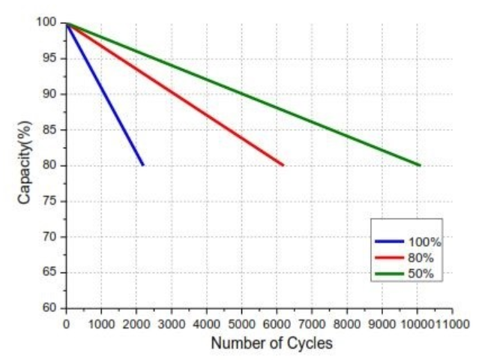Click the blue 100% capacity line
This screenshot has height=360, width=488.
tap(105, 94)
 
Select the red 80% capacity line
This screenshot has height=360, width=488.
tap(175, 94)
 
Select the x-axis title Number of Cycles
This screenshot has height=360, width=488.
tap(271, 343)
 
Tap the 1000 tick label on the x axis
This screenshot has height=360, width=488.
tap(101, 323)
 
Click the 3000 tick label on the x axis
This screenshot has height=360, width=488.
tap(172, 323)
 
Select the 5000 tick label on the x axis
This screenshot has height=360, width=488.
tap(241, 323)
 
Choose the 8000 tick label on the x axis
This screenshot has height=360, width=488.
tap(347, 323)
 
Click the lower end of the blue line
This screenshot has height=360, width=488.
tap(142, 164)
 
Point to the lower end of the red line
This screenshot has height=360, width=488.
tap(283, 164)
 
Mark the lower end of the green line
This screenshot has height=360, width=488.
tap(419, 164)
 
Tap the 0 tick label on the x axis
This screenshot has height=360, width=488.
tap(67, 323)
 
